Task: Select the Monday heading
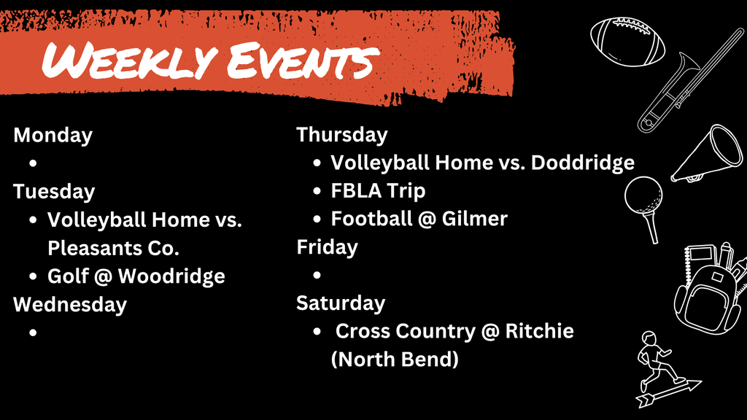53,135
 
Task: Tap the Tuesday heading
54,192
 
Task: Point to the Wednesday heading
70,304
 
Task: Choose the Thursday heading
342,135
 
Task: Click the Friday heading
328,247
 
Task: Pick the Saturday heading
341,303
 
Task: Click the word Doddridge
583,163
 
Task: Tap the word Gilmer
474,219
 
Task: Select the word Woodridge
171,276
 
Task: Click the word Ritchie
539,331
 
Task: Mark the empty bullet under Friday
317,275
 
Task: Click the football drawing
627,42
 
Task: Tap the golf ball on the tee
643,195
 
